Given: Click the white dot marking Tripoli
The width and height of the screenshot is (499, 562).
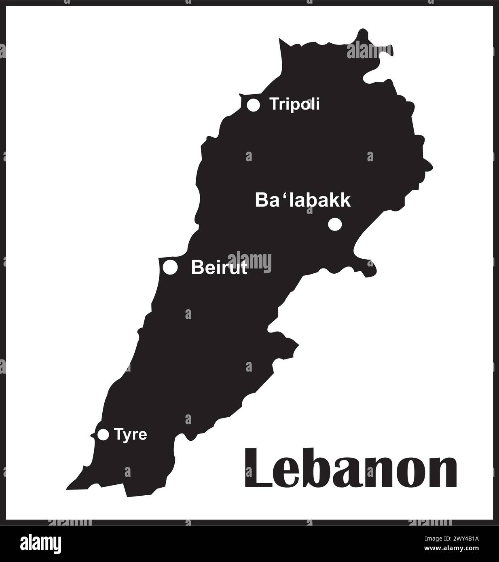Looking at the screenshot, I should click(253, 105).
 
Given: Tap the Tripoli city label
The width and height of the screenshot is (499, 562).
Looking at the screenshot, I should click(295, 104).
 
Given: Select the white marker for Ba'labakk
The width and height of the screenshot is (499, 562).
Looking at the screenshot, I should click(335, 224).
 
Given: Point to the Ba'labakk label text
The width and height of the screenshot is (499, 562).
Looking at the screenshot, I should click(302, 201).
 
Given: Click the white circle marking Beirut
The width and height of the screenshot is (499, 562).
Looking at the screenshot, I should click(170, 267).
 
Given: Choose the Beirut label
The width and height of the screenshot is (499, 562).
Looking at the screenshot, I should click(219, 268).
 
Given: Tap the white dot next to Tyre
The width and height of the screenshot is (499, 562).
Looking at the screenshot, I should click(104, 435).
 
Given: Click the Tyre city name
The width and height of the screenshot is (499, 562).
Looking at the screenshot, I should click(130, 435).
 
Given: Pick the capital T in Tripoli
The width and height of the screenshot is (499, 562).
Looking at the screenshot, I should click(275, 104).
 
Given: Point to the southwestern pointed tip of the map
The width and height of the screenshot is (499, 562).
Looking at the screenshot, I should click(68, 488).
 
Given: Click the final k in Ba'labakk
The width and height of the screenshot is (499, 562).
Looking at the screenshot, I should click(345, 200).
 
